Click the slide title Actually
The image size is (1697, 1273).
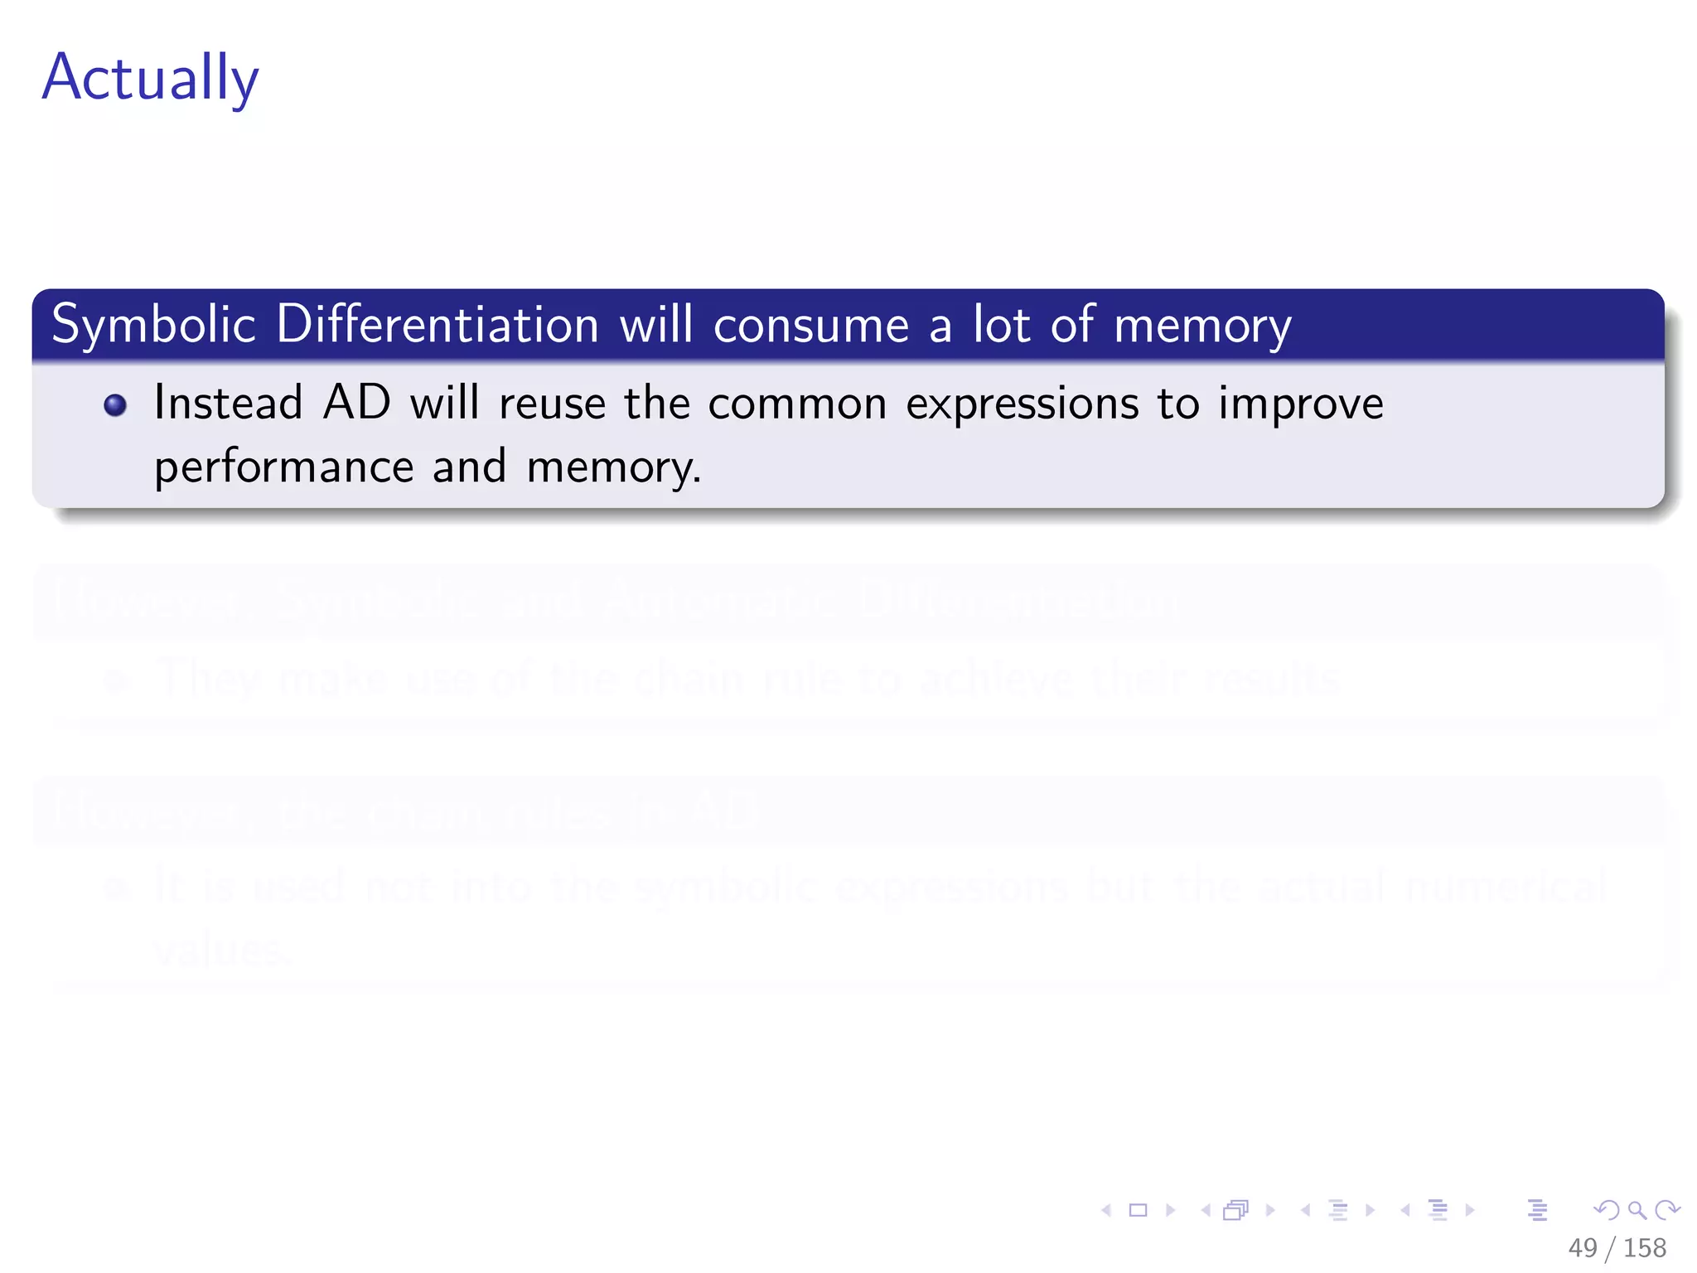tap(150, 78)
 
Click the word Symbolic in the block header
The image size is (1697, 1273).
tap(153, 325)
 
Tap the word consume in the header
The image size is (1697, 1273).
tap(811, 325)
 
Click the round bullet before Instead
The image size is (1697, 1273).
tap(115, 405)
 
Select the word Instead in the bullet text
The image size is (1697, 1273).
tap(228, 404)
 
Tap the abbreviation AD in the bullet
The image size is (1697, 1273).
tap(356, 404)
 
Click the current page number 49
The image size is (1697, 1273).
tap(1583, 1248)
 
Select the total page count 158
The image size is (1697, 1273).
tap(1645, 1248)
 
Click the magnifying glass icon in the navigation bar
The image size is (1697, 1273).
tap(1637, 1211)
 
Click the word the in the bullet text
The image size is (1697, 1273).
tap(657, 404)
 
